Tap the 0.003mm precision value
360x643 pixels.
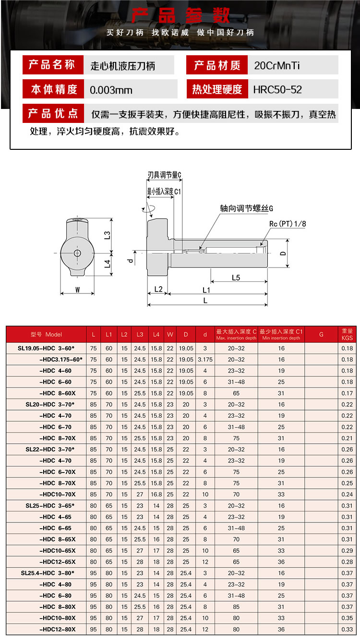click(x=111, y=90)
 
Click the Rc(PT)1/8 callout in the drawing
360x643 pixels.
click(x=287, y=223)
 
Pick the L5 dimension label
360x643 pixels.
click(x=235, y=277)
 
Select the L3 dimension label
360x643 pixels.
click(x=108, y=234)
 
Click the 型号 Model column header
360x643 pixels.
click(x=47, y=334)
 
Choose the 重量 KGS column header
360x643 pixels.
click(x=347, y=334)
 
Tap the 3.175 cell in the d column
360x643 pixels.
click(x=205, y=359)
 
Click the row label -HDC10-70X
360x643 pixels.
click(x=57, y=494)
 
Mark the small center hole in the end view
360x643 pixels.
click(x=77, y=253)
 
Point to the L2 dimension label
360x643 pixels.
click(x=159, y=289)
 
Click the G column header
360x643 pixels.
click(x=321, y=334)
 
